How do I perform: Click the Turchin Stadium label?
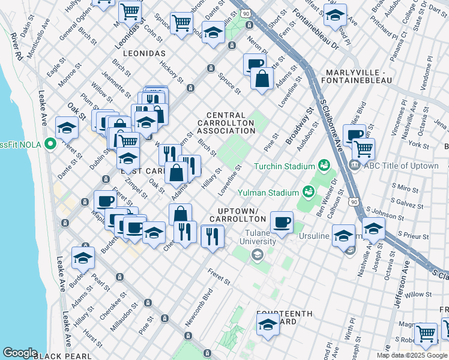pyautogui.click(x=284, y=166)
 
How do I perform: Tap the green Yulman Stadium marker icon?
pyautogui.click(x=309, y=192)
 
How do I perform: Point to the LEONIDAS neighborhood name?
pyautogui.click(x=143, y=53)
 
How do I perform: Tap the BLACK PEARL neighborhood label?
pyautogui.click(x=62, y=356)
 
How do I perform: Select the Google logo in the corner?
pyautogui.click(x=20, y=353)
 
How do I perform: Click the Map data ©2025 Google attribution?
pyautogui.click(x=412, y=355)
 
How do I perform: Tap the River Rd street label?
pyautogui.click(x=17, y=47)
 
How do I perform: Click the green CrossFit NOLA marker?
pyautogui.click(x=50, y=145)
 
